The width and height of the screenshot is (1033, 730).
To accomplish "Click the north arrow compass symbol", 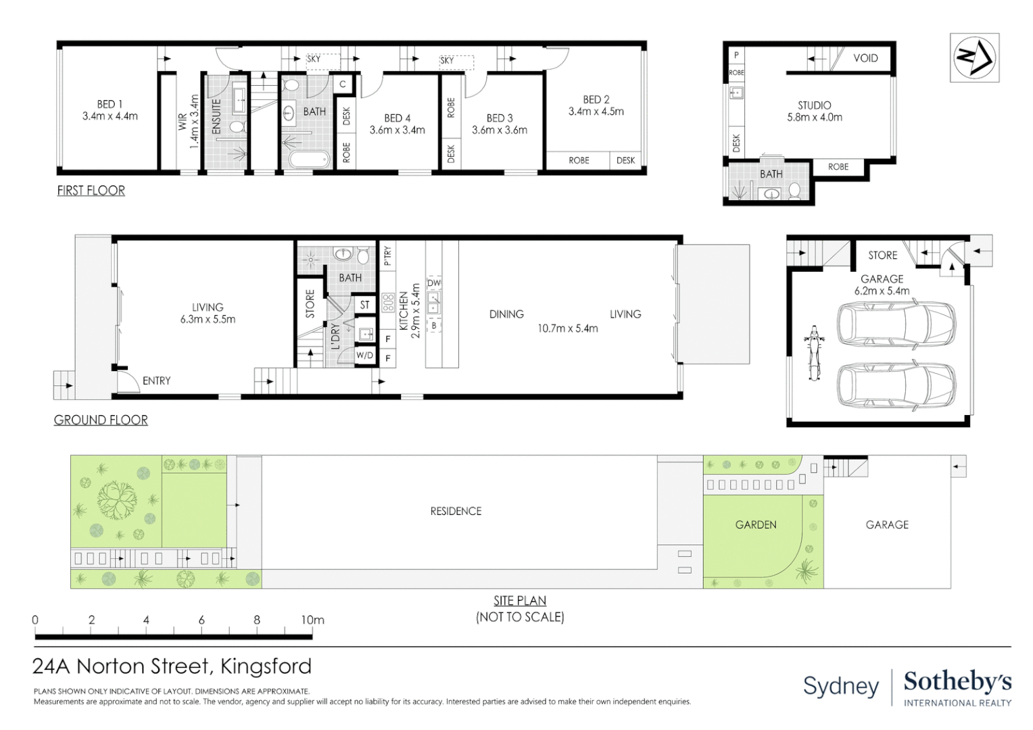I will pos(974,57).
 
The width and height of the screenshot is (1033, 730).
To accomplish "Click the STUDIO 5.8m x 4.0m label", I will pos(814,111).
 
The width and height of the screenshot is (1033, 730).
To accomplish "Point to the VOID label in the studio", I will pos(865,58).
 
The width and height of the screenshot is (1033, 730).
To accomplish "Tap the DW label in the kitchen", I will pos(433,283).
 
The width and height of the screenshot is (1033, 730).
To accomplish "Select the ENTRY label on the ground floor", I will pos(156,381).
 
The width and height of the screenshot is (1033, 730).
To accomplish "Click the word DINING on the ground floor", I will pos(506,314).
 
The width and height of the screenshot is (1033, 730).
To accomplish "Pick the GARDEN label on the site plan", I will pos(755,525).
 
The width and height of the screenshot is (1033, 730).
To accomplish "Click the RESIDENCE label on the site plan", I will pos(456,512).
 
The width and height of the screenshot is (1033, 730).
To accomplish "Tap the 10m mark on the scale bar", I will pos(312,620).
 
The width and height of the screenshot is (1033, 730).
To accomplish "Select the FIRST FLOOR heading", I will pos(91,191).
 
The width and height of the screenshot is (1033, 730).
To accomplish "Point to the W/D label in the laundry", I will pos(364,356).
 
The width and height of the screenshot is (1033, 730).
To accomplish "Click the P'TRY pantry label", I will pos(387,256).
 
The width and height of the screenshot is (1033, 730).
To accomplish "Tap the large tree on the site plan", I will pos(117,500).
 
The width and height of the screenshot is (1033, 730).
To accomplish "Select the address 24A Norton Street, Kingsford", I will pos(172,666).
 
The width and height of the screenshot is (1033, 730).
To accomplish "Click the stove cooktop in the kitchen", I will pos(388,302).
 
